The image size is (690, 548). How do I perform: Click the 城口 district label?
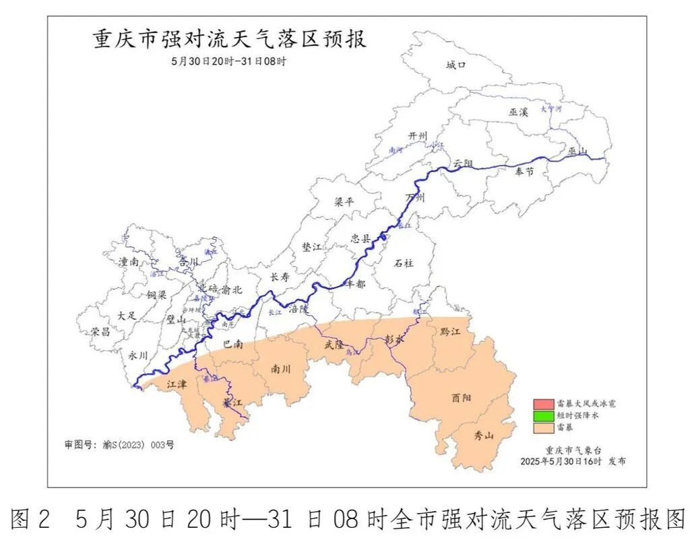[456, 65]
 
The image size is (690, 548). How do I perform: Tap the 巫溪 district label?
[519, 112]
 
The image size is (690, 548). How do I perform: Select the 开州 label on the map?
[418, 136]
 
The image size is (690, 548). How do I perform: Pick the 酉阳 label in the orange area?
[462, 398]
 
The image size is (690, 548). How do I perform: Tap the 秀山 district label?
[484, 436]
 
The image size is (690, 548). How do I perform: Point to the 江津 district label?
[177, 383]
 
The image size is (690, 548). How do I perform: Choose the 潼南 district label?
[129, 263]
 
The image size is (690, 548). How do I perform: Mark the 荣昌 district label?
[100, 331]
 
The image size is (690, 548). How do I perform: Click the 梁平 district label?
[344, 202]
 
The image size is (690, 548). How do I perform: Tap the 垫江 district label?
[311, 247]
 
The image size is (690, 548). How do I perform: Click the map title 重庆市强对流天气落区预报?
[229, 40]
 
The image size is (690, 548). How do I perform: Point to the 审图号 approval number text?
[119, 445]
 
